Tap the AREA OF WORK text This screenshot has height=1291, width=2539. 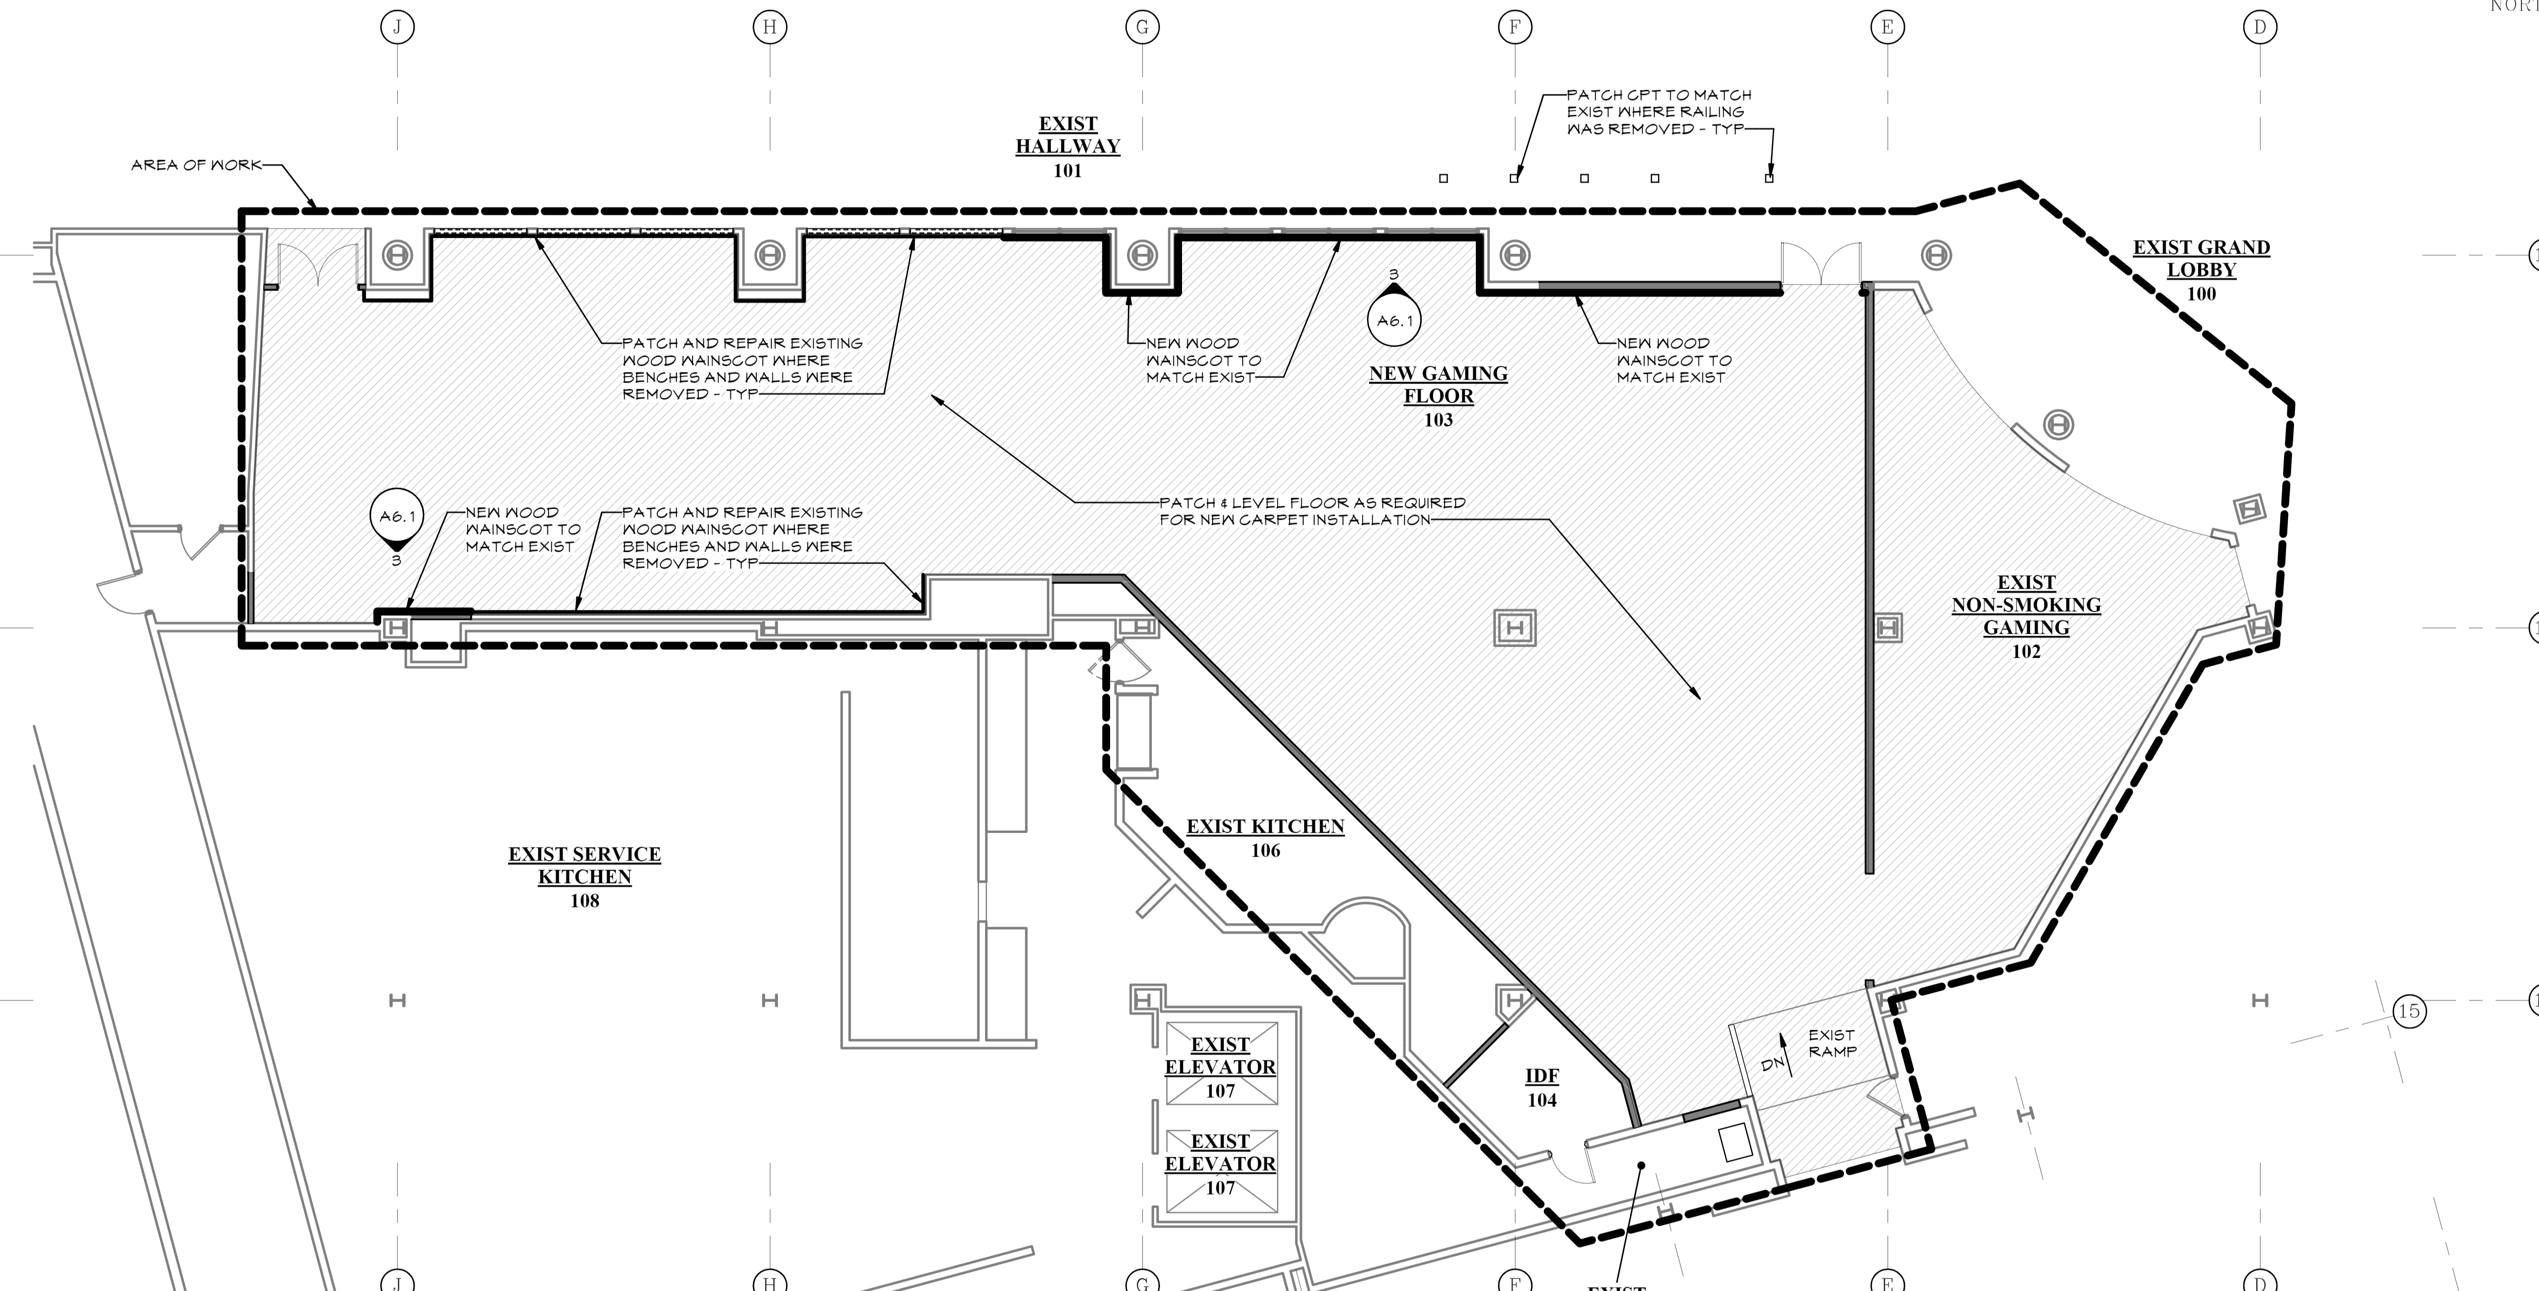tap(196, 164)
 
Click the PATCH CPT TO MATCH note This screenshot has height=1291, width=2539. tap(1659, 111)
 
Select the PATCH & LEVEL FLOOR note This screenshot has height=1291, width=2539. tap(1312, 511)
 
